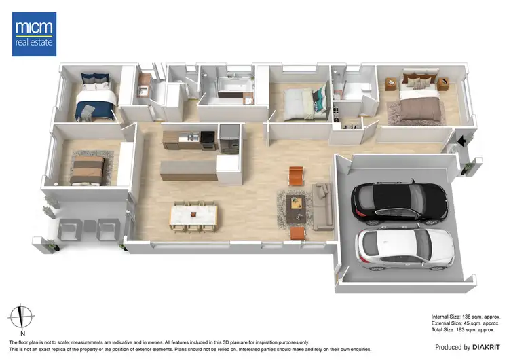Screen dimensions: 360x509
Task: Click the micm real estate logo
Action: (x=33, y=34)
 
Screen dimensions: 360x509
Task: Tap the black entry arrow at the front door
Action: (x=461, y=141)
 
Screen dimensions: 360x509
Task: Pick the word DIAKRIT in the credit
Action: (x=487, y=347)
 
